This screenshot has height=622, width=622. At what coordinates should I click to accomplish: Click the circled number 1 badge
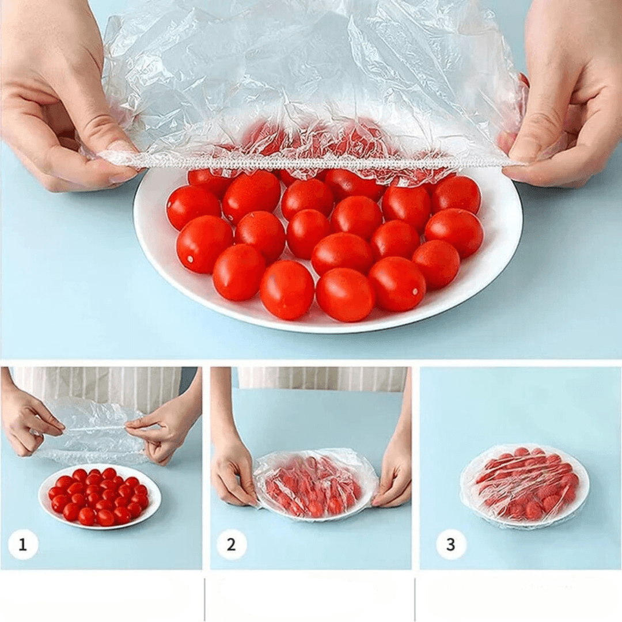click(x=23, y=544)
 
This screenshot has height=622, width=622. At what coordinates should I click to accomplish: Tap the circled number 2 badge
click(x=232, y=544)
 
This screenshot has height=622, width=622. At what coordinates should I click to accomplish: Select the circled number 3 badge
click(x=451, y=544)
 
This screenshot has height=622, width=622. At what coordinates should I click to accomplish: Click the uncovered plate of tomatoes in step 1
click(x=99, y=496)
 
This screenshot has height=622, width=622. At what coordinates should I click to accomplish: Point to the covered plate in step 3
click(x=525, y=485)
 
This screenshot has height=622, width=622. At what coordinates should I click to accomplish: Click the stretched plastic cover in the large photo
click(x=311, y=75)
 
